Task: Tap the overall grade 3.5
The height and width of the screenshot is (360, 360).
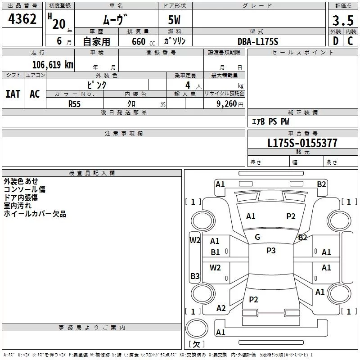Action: (x=342, y=21)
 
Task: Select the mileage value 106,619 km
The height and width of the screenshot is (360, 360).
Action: (x=53, y=64)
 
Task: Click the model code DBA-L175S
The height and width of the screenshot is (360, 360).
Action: (x=258, y=41)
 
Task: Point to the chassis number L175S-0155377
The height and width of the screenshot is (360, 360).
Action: (x=302, y=144)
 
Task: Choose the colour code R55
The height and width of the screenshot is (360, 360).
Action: (x=75, y=103)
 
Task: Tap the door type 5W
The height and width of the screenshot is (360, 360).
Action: (x=175, y=21)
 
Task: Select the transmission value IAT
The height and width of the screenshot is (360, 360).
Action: (x=13, y=94)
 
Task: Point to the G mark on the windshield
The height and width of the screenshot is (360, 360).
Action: (x=257, y=237)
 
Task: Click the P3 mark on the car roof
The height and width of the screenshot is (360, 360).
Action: (x=271, y=251)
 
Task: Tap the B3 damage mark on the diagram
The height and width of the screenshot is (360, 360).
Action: (x=195, y=276)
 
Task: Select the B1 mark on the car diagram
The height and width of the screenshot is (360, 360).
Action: (x=216, y=252)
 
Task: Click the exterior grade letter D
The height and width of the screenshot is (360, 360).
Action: (x=335, y=41)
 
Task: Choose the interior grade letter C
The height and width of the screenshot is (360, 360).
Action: (x=350, y=41)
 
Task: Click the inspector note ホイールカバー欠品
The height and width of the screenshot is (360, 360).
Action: (x=35, y=214)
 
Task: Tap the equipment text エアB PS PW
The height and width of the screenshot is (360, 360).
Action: (x=270, y=122)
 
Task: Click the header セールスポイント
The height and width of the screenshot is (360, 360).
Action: (x=303, y=53)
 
